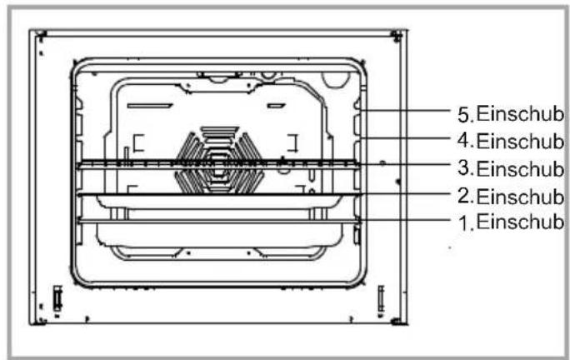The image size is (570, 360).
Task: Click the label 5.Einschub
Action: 511,114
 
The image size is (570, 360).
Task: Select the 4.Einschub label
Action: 511,141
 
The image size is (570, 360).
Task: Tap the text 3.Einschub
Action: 511,168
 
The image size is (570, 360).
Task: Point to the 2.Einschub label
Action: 511,197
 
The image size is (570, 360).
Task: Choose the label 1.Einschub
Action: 511,222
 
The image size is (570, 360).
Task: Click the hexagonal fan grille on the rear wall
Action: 219,160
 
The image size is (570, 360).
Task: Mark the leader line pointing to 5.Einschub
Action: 405,110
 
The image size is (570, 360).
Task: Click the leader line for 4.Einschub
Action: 405,137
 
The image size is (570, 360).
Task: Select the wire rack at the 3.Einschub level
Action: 218,164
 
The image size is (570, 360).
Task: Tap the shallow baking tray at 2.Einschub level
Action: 218,201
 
